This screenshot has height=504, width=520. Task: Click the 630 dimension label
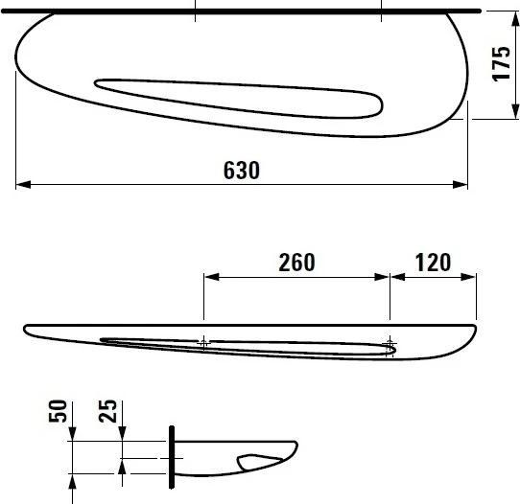coord(242,170)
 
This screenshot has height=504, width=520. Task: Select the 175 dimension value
coord(500,65)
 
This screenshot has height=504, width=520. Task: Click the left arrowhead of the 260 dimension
coord(210,278)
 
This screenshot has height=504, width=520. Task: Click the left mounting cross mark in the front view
coord(203,341)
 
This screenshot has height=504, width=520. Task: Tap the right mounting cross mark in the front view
coord(389,342)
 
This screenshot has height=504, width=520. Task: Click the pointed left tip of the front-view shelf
coord(26,329)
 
